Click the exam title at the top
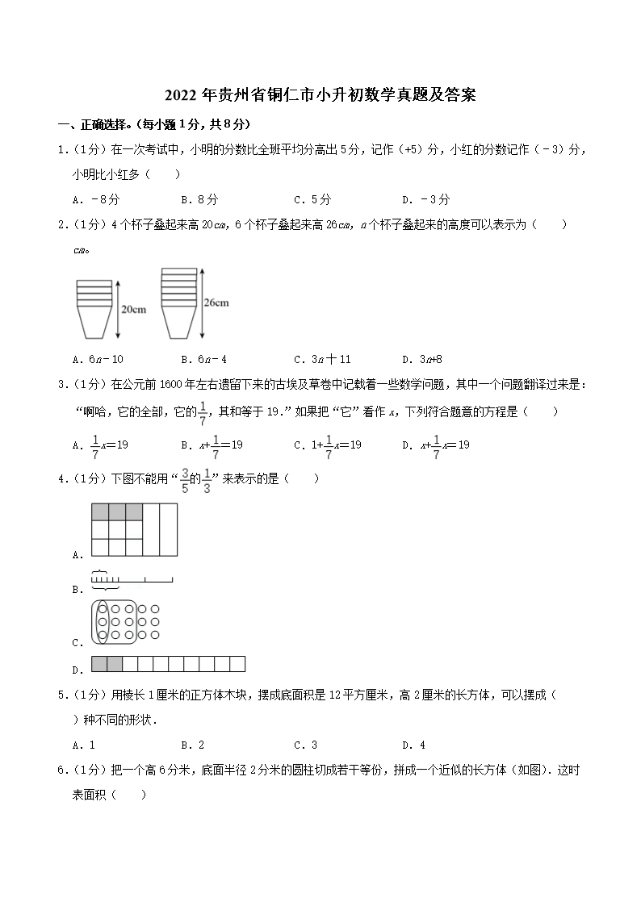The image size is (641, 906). (x=320, y=96)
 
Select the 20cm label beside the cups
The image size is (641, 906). (x=133, y=309)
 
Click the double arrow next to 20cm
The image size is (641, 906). (x=118, y=309)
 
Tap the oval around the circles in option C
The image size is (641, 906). (x=103, y=622)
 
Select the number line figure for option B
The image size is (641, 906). (x=132, y=578)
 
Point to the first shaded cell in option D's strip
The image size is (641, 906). (x=99, y=665)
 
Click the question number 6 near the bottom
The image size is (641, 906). (x=61, y=770)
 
